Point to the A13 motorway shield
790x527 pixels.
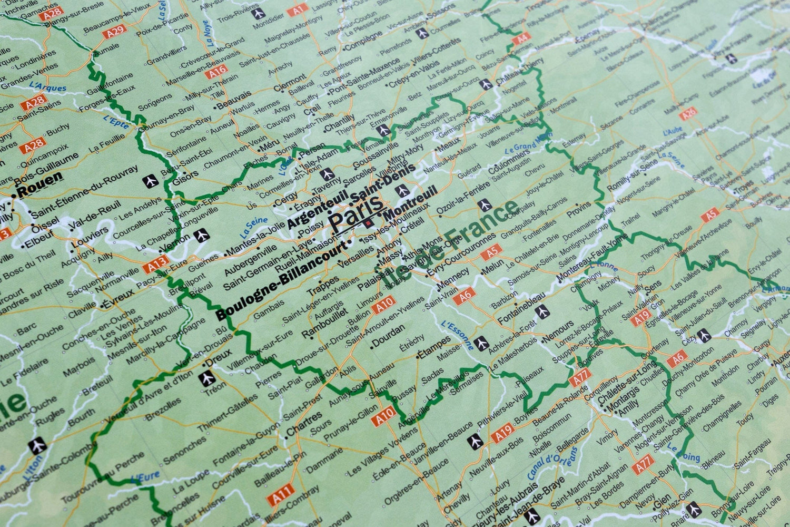point(157,263)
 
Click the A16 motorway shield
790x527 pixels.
point(216,71)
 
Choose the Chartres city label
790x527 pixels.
point(304,424)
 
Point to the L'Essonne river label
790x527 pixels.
point(457,336)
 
